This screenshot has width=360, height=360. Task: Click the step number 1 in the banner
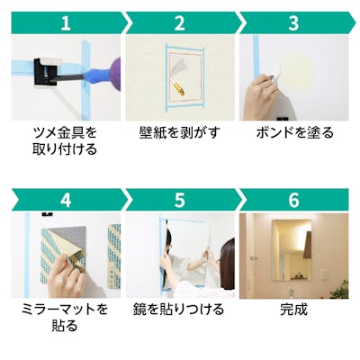(x=66, y=23)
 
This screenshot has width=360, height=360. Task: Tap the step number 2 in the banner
(x=179, y=23)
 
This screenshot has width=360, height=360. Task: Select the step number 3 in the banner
(x=293, y=23)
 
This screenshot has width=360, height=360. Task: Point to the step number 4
(x=66, y=200)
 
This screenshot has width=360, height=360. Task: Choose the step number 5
(x=179, y=200)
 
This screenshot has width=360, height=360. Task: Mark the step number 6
(x=293, y=200)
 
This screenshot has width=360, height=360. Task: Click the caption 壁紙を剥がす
(x=180, y=132)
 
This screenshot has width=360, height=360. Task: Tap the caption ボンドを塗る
(x=294, y=132)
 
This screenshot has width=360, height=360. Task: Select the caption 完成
(x=293, y=310)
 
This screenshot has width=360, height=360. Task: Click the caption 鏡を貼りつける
(x=179, y=310)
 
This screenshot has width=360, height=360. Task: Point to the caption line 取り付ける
(x=65, y=149)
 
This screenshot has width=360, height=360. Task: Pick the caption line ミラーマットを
(x=65, y=310)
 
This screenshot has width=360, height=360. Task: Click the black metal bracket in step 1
(x=45, y=73)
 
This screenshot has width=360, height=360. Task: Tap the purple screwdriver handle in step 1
(x=116, y=74)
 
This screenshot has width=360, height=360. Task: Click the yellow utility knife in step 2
(x=178, y=88)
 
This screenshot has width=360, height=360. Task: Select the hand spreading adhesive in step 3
(x=262, y=96)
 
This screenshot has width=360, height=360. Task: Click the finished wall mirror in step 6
(x=292, y=250)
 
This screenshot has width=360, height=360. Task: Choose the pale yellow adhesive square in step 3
(x=298, y=71)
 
